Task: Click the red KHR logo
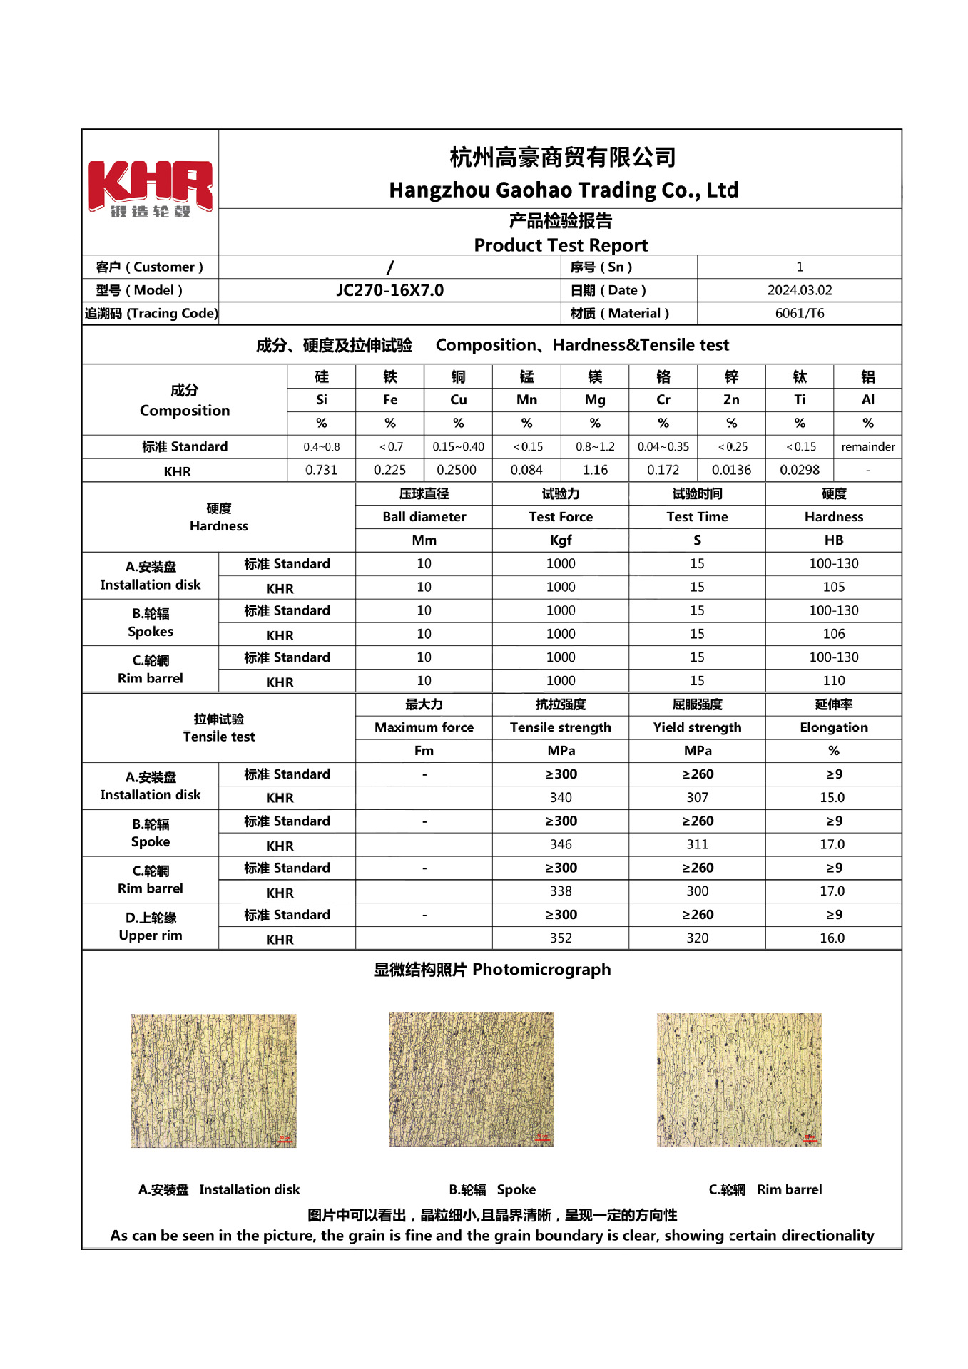point(150,188)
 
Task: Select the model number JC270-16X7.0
point(389,290)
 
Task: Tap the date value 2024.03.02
point(799,290)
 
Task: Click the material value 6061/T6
point(799,313)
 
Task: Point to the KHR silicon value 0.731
point(321,470)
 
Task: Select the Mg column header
point(595,400)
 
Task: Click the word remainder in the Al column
point(867,447)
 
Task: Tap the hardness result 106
point(833,634)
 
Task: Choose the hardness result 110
point(833,681)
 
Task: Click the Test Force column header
point(561,517)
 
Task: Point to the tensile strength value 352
point(561,938)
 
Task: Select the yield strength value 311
point(697,844)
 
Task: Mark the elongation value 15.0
point(832,797)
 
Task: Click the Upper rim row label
point(151,935)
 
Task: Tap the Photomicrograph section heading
point(492,970)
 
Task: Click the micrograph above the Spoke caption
point(471,1080)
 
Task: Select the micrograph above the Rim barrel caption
point(739,1080)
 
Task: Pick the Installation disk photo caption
point(219,1189)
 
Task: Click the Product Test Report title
point(561,245)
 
